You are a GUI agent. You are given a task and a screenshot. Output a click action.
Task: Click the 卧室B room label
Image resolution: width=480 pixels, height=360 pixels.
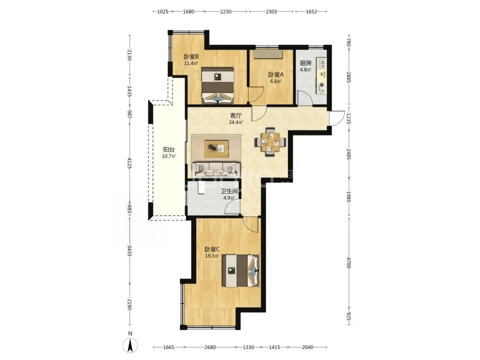coord(191,57)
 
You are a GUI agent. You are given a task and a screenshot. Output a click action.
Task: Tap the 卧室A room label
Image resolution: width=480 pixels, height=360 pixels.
coord(276,75)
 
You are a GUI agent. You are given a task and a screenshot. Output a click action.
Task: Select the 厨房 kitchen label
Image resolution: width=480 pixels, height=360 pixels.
coord(305,63)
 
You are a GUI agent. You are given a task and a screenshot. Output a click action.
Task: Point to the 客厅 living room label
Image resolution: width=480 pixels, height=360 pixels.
coord(236,116)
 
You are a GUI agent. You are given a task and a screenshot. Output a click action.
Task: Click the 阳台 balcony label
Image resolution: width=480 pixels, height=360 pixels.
coord(169,150)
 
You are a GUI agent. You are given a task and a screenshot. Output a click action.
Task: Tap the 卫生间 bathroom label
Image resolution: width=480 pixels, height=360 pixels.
coord(229,191)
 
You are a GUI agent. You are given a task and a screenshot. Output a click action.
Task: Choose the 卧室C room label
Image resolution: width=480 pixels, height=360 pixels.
coord(212,249)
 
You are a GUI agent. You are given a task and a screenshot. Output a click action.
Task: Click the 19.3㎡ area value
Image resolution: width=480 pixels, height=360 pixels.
coord(212,256)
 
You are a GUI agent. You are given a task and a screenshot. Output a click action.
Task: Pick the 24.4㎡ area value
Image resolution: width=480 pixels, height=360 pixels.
coord(236,123)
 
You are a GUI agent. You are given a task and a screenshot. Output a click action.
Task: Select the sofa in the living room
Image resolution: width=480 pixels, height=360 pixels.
coord(216,169)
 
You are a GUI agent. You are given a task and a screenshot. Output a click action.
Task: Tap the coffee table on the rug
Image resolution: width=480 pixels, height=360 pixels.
coord(217,149)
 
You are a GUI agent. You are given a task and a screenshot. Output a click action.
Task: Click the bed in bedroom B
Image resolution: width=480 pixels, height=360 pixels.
coord(218,85)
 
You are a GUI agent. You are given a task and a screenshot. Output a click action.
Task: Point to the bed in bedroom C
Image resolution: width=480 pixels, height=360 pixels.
coord(240,271)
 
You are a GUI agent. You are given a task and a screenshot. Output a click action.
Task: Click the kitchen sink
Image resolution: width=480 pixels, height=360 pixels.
coord(322,64)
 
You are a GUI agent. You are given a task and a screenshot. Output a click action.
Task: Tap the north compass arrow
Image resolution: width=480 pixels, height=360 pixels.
coord(130,345)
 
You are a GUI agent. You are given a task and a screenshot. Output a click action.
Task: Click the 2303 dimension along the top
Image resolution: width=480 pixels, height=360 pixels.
coord(271,12)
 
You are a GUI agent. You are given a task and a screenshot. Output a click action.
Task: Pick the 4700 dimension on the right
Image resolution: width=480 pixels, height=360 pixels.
coord(348,263)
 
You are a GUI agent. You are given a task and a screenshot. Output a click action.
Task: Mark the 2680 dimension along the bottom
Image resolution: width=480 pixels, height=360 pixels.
coord(210,347)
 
